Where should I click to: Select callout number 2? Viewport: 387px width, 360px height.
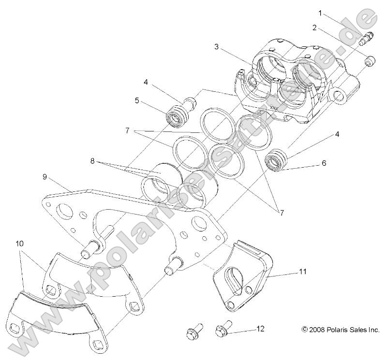pyautogui.click(x=315, y=28)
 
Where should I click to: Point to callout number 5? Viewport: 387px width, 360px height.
pyautogui.click(x=137, y=101)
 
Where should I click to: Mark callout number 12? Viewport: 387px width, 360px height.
pyautogui.click(x=260, y=329)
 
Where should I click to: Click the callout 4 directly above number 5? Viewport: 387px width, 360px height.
pyautogui.click(x=146, y=83)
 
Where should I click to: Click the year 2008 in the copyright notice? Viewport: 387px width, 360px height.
pyautogui.click(x=317, y=330)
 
